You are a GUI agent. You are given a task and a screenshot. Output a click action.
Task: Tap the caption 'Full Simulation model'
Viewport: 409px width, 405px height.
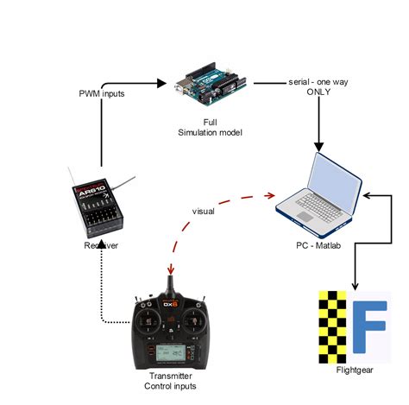(209, 127)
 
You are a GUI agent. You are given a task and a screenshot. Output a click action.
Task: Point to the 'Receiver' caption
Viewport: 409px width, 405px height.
(102, 246)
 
